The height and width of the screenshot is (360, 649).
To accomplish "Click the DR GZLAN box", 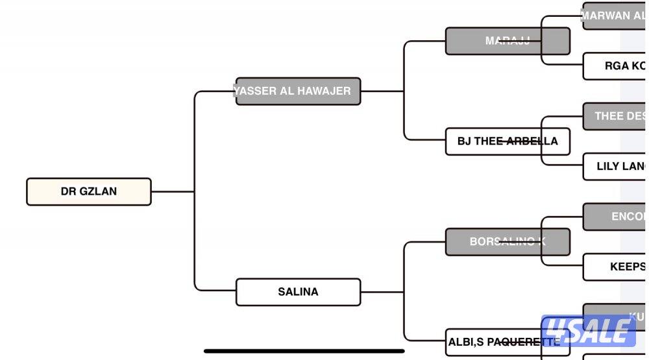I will [x=89, y=192].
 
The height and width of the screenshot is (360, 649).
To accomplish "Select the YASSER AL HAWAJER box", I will [x=298, y=91].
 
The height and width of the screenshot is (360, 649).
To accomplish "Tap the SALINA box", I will [x=298, y=292].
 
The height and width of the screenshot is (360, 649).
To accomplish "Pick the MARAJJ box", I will [x=508, y=41].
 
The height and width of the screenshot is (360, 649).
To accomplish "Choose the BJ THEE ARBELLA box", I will [x=508, y=141].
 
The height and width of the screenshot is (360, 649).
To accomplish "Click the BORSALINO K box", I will [x=508, y=242].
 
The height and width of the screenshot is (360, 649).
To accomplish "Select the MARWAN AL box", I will [x=614, y=16].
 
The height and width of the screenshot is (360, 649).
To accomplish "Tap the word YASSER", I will [x=256, y=91].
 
